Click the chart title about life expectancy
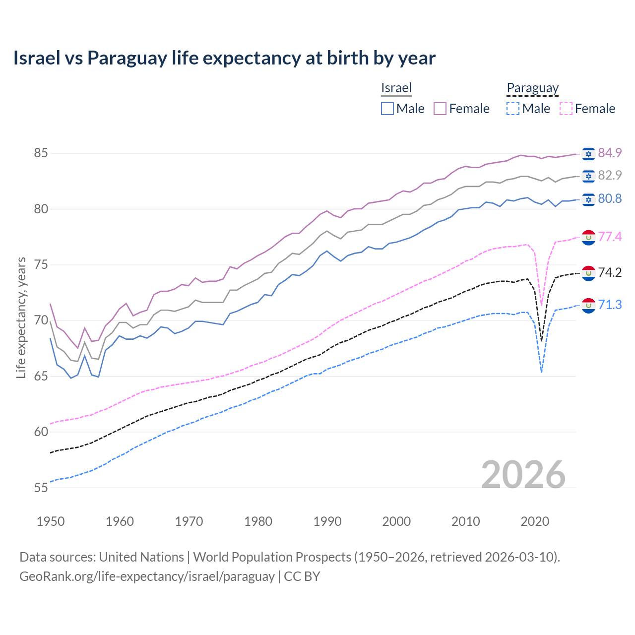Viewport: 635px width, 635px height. tap(224, 58)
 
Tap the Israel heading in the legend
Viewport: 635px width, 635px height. tap(396, 88)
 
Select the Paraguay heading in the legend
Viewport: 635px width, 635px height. tap(532, 88)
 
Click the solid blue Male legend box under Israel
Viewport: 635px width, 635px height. tap(387, 109)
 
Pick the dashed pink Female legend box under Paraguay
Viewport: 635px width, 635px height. tap(566, 109)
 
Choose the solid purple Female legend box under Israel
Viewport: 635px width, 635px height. tap(440, 109)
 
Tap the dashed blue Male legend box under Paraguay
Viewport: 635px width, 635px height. tap(513, 109)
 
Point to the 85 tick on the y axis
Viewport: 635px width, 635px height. tap(41, 153)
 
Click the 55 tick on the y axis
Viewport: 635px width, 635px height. tap(41, 488)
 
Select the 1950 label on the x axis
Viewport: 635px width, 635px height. tap(51, 521)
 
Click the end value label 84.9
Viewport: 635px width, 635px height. tap(610, 153)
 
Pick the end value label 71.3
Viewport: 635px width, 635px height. tap(610, 305)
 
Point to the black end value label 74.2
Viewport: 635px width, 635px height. tap(610, 272)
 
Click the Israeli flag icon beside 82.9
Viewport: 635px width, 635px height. tap(588, 176)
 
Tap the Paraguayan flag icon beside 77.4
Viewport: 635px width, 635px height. tap(588, 237)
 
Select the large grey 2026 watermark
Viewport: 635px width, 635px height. tap(523, 475)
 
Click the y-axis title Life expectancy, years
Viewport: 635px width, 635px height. tap(21, 317)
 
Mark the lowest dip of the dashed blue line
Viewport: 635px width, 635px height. tap(541, 372)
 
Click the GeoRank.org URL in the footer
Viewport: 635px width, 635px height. tap(147, 576)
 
